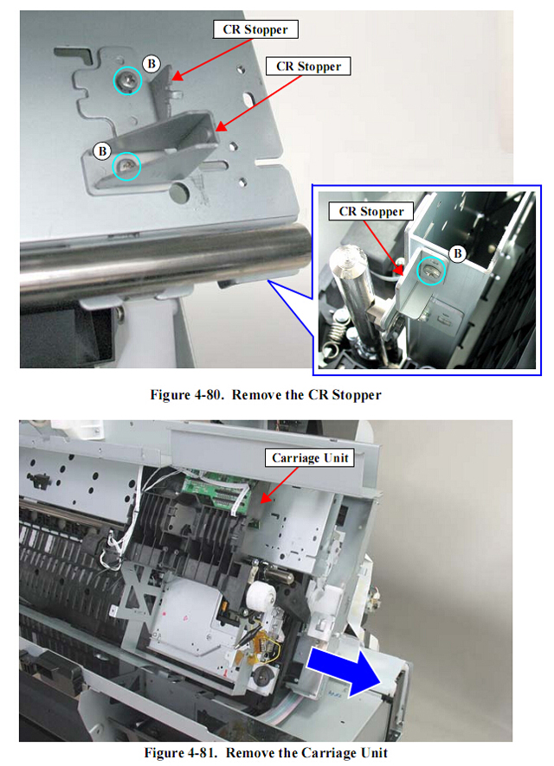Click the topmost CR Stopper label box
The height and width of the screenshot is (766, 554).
255,29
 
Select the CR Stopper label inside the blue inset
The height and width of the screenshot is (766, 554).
371,212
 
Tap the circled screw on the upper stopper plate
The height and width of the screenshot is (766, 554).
127,80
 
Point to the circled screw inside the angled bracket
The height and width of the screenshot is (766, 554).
126,167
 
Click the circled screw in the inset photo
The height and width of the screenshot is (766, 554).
431,271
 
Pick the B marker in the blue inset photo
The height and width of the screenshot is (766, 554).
458,253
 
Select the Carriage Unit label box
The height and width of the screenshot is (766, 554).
310,457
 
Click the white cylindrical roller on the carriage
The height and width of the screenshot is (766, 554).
261,595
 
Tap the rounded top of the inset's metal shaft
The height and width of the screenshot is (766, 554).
348,257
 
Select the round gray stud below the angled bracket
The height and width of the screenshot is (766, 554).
180,192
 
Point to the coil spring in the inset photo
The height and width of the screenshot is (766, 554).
336,331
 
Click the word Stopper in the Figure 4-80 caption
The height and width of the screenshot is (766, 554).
357,395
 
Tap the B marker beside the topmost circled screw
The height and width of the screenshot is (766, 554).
151,63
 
